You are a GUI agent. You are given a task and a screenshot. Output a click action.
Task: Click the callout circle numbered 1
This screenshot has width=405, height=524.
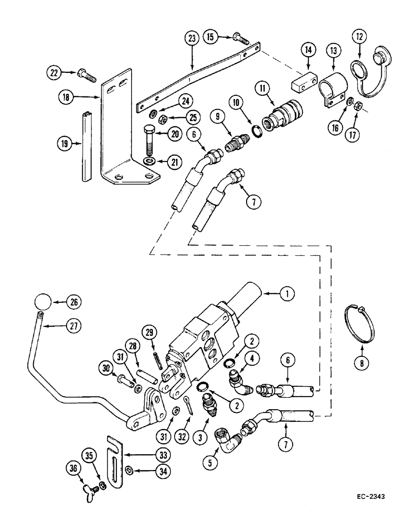[x=286, y=294]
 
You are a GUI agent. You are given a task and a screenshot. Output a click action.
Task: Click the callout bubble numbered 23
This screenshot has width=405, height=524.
[x=191, y=39]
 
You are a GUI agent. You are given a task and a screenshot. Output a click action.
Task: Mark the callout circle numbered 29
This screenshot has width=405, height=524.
[x=152, y=333]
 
